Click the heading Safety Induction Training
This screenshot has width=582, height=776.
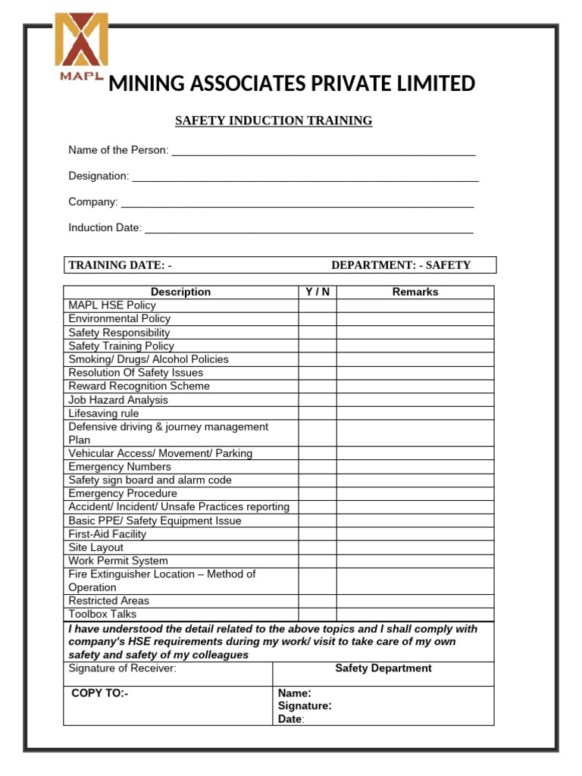[274, 120]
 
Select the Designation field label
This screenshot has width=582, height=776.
[99, 176]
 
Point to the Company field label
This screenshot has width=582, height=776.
[93, 202]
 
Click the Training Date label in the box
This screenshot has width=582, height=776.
[120, 265]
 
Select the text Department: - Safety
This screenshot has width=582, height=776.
[401, 265]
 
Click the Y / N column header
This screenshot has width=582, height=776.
[317, 292]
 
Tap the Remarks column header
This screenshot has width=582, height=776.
[415, 292]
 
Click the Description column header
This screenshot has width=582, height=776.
[180, 292]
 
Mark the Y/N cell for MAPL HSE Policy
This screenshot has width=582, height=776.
[317, 305]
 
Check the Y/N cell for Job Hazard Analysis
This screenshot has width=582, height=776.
[317, 400]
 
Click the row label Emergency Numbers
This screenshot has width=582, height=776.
[120, 467]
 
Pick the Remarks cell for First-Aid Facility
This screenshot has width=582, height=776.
[415, 534]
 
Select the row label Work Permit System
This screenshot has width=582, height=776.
[118, 561]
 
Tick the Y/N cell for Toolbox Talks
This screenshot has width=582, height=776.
[317, 615]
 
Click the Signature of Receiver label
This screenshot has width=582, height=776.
[122, 668]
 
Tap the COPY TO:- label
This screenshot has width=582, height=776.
[100, 693]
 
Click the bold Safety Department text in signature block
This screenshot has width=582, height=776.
[383, 668]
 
